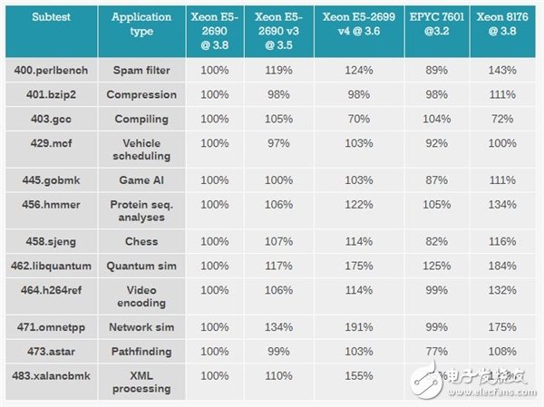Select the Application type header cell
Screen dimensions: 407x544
click(141, 24)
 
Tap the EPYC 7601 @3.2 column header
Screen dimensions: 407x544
click(431, 24)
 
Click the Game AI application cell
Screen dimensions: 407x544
click(141, 180)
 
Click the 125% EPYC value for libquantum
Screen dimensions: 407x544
click(431, 266)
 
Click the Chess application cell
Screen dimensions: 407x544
click(141, 242)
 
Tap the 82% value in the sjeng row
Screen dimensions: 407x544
click(431, 242)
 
